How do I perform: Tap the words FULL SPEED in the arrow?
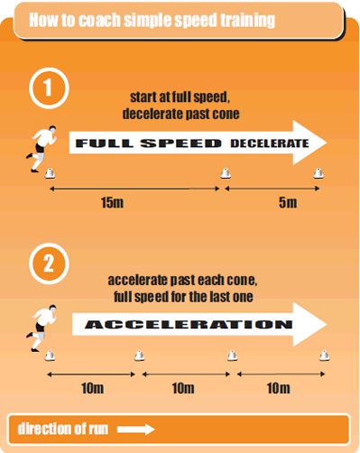coord(148,143)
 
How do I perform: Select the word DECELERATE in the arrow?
coord(268,143)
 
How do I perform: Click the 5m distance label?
coord(287,202)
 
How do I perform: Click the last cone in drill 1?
coord(318,173)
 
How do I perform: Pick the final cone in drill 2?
coord(323,356)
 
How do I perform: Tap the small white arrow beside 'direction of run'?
coord(136,429)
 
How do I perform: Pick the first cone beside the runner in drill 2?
coord(51,356)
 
